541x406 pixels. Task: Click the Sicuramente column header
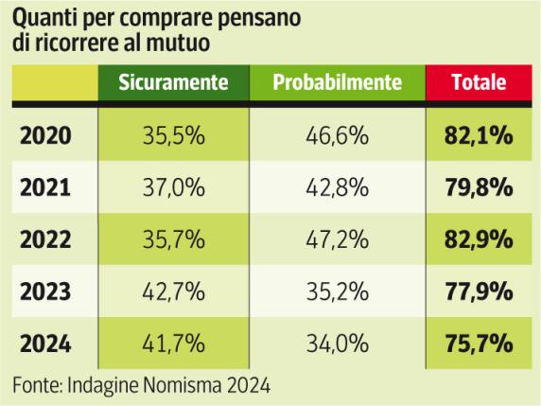pyautogui.click(x=175, y=82)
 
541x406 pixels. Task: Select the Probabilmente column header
pyautogui.click(x=337, y=82)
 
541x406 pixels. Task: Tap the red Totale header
pyautogui.click(x=479, y=82)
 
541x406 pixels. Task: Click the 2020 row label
pyautogui.click(x=45, y=136)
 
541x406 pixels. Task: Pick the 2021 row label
pyautogui.click(x=45, y=187)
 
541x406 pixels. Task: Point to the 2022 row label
pyautogui.click(x=45, y=238)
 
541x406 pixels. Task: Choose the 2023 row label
pyautogui.click(x=45, y=290)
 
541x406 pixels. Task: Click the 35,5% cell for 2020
pyautogui.click(x=175, y=136)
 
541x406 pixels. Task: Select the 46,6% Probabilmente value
pyautogui.click(x=337, y=136)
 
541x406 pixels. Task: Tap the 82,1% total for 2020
pyautogui.click(x=479, y=136)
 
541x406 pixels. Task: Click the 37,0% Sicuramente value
pyautogui.click(x=175, y=187)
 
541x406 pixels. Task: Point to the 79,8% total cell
pyautogui.click(x=479, y=187)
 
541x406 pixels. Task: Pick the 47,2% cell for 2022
pyautogui.click(x=337, y=238)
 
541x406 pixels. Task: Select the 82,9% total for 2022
pyautogui.click(x=479, y=238)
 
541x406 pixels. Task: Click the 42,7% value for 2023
pyautogui.click(x=175, y=290)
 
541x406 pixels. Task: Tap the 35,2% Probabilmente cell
pyautogui.click(x=337, y=290)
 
